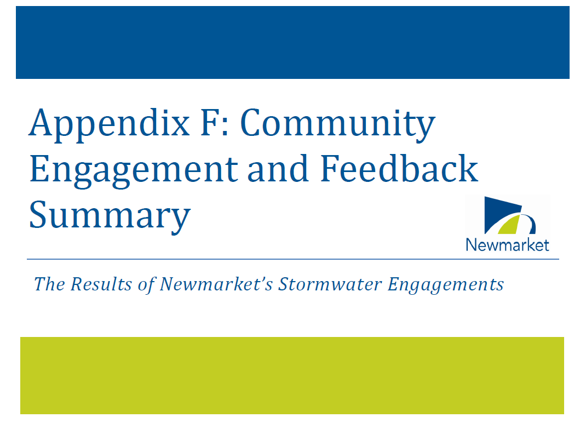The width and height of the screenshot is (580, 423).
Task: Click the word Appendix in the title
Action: coord(110,125)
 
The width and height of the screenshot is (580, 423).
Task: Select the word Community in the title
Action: coord(338,125)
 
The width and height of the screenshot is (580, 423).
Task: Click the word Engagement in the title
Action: coord(134,171)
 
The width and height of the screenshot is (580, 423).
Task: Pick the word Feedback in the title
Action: coord(399,168)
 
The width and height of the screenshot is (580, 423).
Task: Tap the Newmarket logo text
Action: coord(508,245)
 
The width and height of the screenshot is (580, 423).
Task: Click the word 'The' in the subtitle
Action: coord(50,284)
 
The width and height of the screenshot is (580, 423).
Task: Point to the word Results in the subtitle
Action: coord(101,284)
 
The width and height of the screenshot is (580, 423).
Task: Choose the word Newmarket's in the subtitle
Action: coord(216,284)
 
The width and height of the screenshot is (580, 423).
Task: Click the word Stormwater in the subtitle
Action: coord(330,284)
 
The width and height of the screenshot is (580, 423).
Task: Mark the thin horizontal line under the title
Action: coord(293,259)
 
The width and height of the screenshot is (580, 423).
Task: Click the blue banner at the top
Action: coord(292,42)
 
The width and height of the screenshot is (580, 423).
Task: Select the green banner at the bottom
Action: coord(292,375)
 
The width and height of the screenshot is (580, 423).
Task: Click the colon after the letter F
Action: coord(226,128)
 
